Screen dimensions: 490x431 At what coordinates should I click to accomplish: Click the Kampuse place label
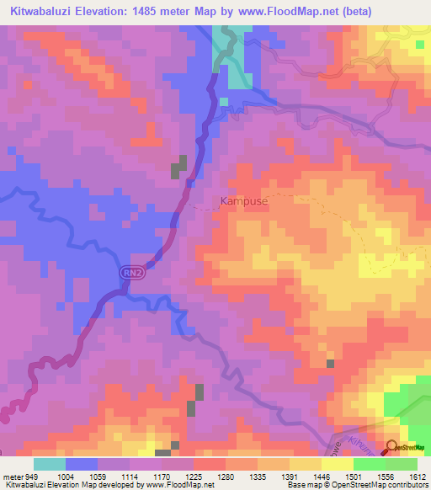(245, 201)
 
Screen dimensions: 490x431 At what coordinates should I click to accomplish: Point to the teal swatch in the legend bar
(50, 464)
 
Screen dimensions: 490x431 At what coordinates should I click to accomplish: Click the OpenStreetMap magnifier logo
(391, 449)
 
